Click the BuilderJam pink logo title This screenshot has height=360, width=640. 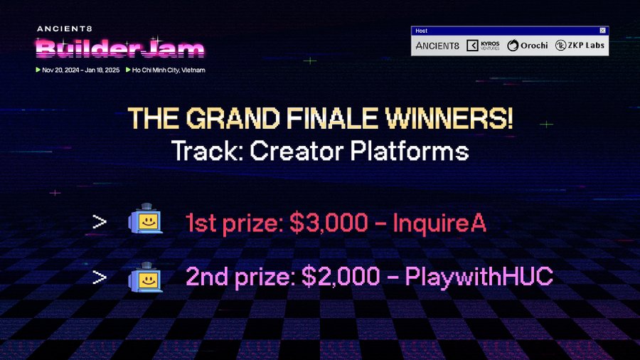(x=120, y=48)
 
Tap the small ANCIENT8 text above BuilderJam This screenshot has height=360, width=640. (x=65, y=28)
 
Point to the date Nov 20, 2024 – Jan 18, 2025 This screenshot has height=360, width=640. (x=81, y=70)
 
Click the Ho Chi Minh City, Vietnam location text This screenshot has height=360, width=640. (x=169, y=70)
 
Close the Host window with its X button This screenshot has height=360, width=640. (x=602, y=31)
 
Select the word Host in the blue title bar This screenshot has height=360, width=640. (x=421, y=31)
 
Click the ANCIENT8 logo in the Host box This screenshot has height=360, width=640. (x=437, y=46)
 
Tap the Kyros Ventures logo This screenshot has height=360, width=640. (x=483, y=46)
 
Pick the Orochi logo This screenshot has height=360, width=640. (x=528, y=46)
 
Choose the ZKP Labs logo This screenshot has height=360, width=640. (x=580, y=46)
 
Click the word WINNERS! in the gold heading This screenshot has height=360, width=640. (x=449, y=118)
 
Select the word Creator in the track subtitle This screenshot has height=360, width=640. (x=297, y=151)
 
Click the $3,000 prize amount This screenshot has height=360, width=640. (x=329, y=223)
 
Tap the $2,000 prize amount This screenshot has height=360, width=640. (x=341, y=276)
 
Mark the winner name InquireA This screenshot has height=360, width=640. (x=439, y=223)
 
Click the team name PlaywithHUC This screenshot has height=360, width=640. (x=479, y=276)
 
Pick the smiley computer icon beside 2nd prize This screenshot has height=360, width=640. (x=146, y=277)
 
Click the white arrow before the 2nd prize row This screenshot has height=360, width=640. (x=99, y=277)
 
